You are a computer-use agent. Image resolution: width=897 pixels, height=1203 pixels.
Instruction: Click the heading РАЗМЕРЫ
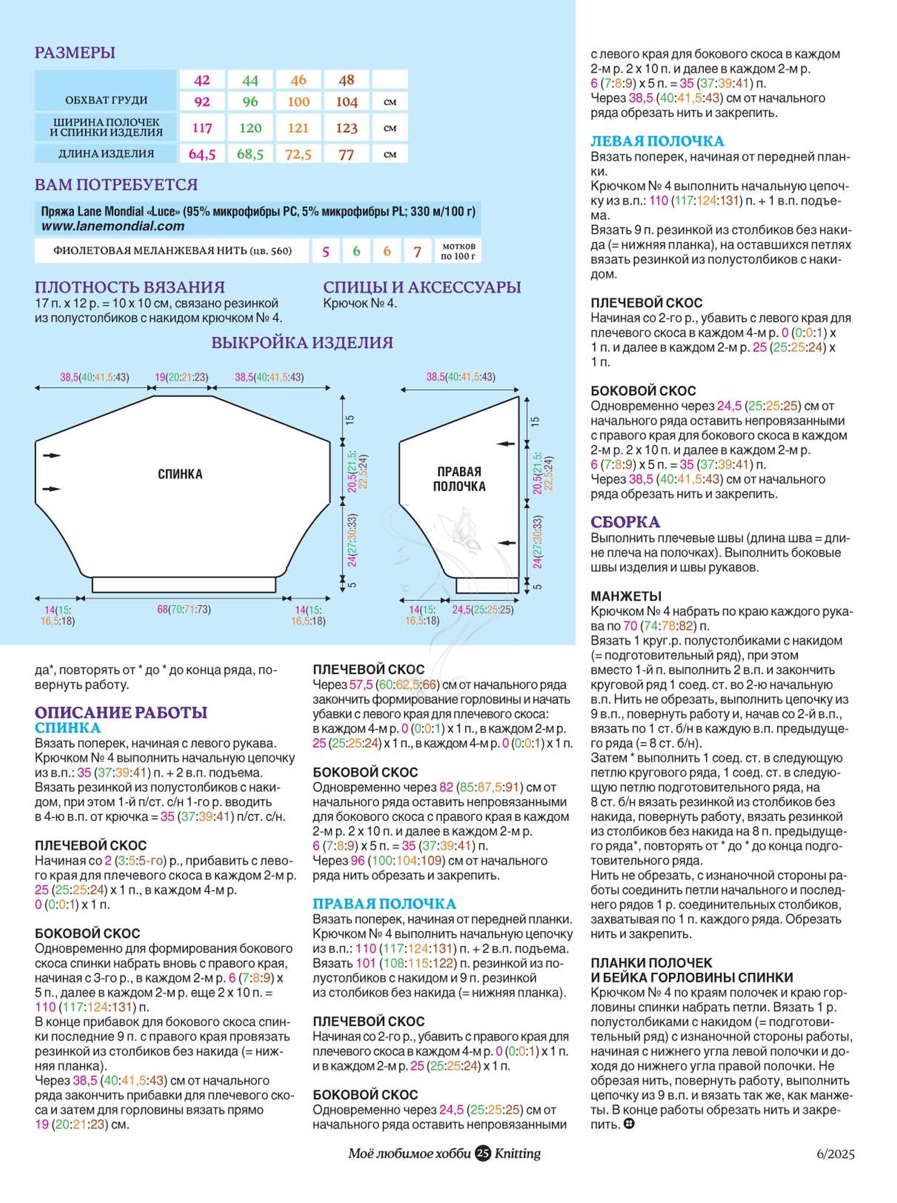coord(75,53)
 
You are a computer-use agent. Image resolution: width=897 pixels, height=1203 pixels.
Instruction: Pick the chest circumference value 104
coord(346,101)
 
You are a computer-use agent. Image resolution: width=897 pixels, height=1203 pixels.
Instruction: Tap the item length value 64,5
coord(202,154)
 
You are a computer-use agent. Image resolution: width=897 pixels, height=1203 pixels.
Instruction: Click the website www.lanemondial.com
coord(113,226)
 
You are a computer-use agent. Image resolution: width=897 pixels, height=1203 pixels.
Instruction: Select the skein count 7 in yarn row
coord(417,252)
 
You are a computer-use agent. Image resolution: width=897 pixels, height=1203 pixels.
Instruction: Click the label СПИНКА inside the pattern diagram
coord(180,474)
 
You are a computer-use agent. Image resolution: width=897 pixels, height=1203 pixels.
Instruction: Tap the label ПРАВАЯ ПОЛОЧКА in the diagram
coord(459,479)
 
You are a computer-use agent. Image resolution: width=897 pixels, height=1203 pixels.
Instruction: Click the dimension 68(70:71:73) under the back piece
coord(184,609)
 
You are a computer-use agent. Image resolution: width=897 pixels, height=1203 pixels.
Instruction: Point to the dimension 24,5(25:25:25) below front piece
coord(483,609)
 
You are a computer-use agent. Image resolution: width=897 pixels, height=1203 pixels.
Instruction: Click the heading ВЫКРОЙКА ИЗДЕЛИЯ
coord(302,343)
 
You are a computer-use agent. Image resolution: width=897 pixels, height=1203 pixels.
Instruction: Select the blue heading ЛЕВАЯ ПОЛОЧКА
coord(657,141)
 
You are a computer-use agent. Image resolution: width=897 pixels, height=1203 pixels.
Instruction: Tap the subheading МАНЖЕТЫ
coord(626,596)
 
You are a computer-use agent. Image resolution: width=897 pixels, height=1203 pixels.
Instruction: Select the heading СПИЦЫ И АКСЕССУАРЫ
coord(422,287)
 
